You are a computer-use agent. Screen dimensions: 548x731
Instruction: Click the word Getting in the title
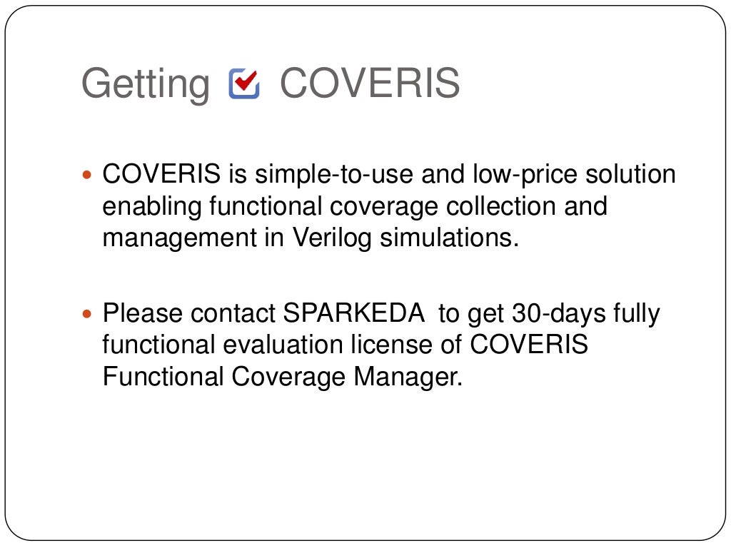point(146,85)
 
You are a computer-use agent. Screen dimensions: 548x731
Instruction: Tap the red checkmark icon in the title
point(244,83)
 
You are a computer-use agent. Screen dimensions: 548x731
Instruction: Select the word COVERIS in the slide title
point(370,83)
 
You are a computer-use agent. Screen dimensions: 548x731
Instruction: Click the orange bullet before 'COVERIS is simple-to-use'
point(89,175)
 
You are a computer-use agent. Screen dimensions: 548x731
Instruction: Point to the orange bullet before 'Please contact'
point(89,313)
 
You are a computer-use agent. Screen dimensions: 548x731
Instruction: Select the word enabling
point(153,206)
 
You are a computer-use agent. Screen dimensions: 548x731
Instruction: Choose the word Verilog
point(332,238)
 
